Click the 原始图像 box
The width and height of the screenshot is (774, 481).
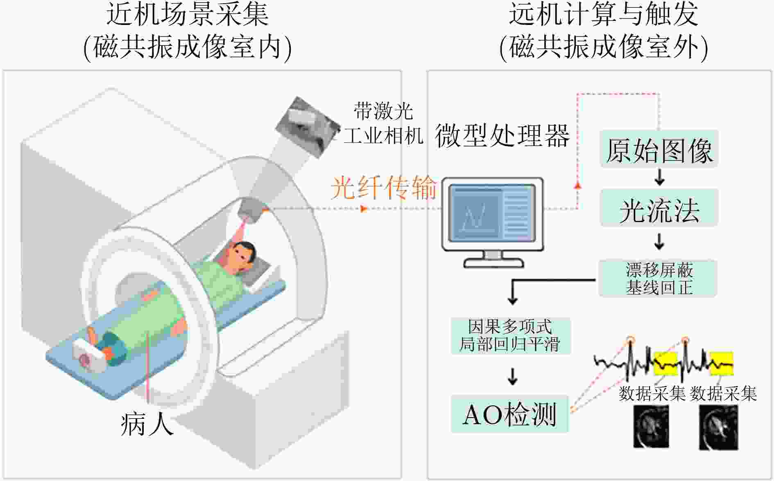659,150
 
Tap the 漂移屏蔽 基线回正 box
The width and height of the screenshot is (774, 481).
658,279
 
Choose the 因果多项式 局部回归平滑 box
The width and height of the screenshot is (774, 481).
510,335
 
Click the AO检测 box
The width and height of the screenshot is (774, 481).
510,414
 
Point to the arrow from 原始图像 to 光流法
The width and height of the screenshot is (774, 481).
659,177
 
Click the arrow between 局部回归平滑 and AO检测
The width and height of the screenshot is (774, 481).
512,376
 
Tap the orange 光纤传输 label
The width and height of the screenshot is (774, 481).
383,188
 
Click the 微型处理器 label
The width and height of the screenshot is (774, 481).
502,136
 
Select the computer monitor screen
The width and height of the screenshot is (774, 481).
492,214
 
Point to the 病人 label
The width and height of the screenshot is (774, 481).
147,424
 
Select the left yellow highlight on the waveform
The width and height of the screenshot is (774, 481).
665,363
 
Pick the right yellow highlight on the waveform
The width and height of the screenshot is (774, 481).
721,363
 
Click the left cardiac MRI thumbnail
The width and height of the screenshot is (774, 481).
651,427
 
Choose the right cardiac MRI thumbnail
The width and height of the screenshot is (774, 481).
718,427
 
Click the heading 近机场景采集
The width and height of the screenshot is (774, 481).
188,14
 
